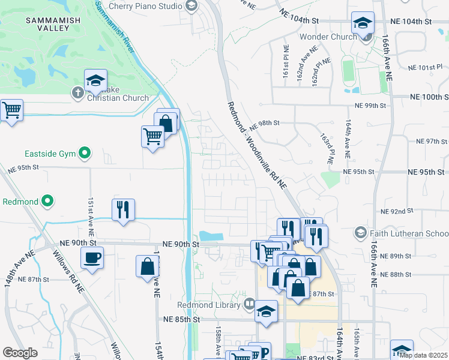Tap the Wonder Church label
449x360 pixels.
point(328,37)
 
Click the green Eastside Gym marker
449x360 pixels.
point(85,154)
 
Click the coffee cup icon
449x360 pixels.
point(92,258)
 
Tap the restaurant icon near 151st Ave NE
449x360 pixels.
point(123,209)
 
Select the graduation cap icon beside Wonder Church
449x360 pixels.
point(362,23)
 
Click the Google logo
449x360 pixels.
point(19,353)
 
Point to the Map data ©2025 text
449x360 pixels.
point(423,355)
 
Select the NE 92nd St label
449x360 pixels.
point(397,211)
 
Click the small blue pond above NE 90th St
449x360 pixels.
point(211,236)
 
